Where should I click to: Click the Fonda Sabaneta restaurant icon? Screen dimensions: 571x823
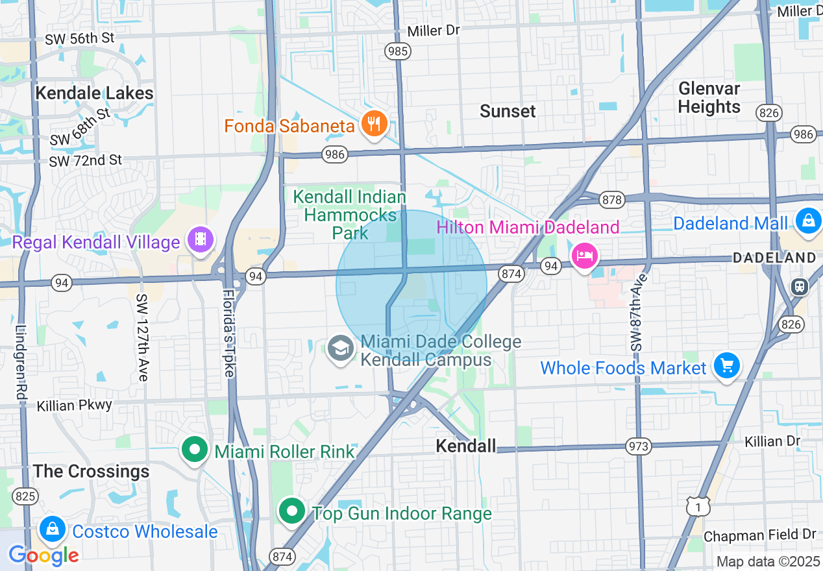point(374,123)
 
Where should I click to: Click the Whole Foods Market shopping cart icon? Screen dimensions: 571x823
point(726,367)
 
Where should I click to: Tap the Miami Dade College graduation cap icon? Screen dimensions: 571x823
point(341,348)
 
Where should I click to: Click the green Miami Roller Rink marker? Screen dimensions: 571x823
point(194,450)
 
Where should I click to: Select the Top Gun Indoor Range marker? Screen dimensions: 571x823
point(292,511)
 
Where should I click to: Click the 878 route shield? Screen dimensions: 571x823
point(611,199)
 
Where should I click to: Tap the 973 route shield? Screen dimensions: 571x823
point(639,446)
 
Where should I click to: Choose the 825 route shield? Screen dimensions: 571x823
point(25,497)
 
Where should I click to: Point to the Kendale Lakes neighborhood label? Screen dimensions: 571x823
point(94,93)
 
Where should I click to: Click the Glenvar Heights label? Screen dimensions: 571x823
point(709,97)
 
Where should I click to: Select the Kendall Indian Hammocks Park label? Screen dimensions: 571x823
point(350,214)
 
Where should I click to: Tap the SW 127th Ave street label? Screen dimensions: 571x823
point(142,337)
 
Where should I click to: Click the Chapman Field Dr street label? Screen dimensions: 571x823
point(759,535)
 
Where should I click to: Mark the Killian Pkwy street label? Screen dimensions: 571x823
point(75,405)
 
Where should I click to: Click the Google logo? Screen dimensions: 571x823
point(43,555)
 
